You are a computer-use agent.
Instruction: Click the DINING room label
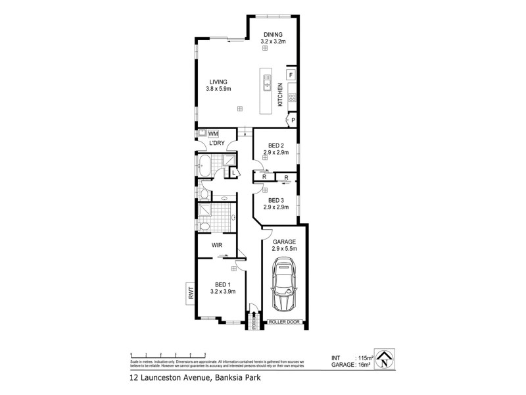pos(272,34)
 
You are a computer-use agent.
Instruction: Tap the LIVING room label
pos(219,82)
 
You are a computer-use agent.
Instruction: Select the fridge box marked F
pos(291,75)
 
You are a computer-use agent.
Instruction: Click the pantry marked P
pos(293,120)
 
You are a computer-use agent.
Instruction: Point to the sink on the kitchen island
pos(268,82)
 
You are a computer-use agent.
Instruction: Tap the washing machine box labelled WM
pos(213,133)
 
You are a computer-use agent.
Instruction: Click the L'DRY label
pos(217,144)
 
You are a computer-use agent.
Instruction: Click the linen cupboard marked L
pos(234,172)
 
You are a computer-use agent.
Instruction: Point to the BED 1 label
pos(223,284)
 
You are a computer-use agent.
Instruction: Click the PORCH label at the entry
pos(253,323)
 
